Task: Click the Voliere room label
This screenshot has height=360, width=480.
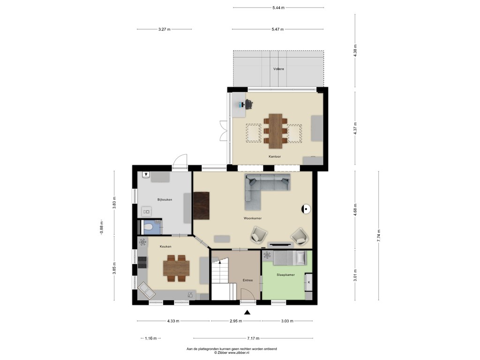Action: point(279,69)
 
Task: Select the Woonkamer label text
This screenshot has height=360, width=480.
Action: point(252,218)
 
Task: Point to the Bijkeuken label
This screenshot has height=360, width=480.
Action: point(165,200)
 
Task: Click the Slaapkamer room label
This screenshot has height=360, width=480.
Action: point(285,275)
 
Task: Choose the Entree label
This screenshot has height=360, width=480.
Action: point(247,280)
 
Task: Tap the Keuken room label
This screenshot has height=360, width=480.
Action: point(165,246)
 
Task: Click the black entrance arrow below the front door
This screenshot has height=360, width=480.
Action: point(247,313)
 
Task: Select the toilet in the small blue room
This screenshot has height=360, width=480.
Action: point(149,228)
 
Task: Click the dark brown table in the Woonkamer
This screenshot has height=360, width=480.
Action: point(202,206)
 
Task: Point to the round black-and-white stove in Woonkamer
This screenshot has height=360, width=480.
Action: point(306,209)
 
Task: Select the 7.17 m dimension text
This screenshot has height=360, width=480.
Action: point(253,338)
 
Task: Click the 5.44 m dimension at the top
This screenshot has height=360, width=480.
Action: point(278,7)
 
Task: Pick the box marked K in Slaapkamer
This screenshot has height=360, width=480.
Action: point(308,282)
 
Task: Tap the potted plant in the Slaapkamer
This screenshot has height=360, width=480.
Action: point(267,255)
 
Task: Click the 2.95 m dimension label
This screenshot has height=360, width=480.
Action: point(236,321)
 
